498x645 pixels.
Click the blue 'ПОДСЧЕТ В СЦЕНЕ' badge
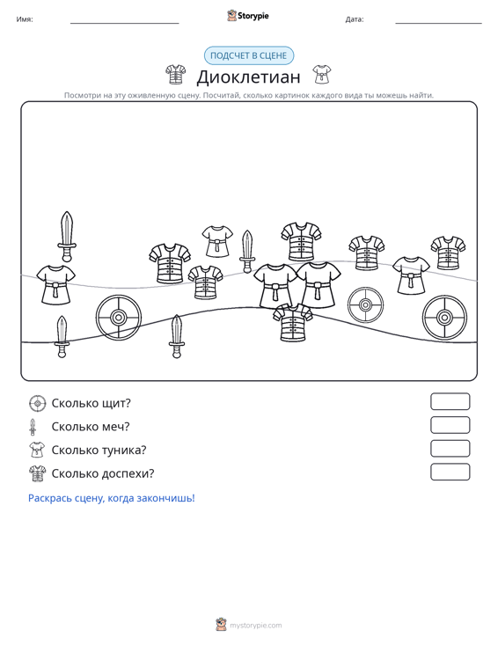click(x=249, y=55)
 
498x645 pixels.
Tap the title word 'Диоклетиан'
click(x=248, y=77)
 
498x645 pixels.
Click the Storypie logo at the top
click(x=248, y=16)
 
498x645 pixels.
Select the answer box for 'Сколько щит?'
click(x=450, y=401)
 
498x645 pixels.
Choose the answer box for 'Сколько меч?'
click(x=450, y=425)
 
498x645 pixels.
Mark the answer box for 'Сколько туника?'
click(x=450, y=449)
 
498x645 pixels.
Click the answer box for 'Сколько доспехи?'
click(x=450, y=472)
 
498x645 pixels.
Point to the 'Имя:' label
click(x=25, y=19)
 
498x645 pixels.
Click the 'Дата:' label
click(x=355, y=19)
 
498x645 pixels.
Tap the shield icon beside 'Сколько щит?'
click(x=38, y=404)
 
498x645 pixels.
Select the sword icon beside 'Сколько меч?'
click(x=33, y=427)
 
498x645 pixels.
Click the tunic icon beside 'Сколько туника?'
click(x=37, y=450)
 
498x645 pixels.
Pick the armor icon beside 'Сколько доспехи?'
click(x=38, y=473)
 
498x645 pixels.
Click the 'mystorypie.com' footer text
click(x=256, y=626)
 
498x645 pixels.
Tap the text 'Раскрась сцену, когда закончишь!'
click(x=112, y=498)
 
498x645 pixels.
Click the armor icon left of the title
click(x=176, y=75)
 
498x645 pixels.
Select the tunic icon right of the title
click(x=321, y=74)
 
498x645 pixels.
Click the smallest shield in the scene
click(x=366, y=305)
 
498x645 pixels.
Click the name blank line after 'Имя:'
click(x=125, y=23)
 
